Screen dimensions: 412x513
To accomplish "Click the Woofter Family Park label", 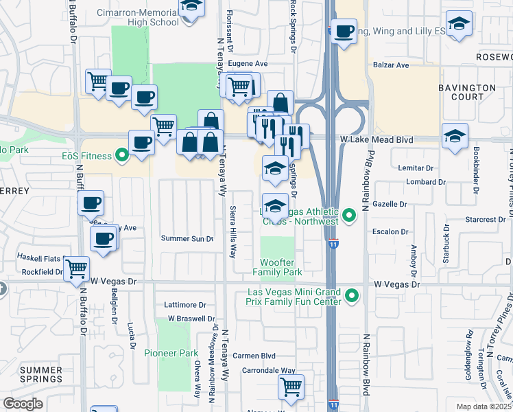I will point(278,267).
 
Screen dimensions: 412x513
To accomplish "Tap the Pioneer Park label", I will point(171,353).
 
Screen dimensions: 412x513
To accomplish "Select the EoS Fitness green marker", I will point(123,156).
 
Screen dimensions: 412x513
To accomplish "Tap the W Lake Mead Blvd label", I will point(377,139).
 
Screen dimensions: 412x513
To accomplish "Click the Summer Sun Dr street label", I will point(187,238).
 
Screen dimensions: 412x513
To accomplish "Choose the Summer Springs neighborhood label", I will point(41,374).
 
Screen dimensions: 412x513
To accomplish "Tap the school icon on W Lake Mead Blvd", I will point(455,135).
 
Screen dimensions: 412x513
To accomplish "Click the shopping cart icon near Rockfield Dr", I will point(76,268).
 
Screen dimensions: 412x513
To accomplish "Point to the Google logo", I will point(23,404).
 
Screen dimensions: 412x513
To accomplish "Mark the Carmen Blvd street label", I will point(254,356).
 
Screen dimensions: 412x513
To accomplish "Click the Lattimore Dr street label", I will point(185,304).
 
